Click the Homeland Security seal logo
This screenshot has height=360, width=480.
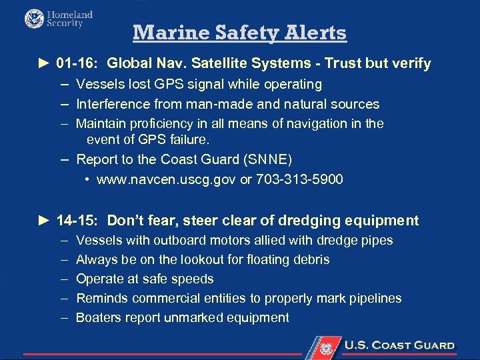pos(34,19)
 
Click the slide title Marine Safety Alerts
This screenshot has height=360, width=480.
pos(239,33)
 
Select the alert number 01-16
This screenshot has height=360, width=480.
pos(77,64)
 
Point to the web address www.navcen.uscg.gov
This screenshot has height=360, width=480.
pos(167,180)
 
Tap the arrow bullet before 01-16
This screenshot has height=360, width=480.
pos(44,64)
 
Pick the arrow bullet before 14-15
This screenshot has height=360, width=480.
pos(44,221)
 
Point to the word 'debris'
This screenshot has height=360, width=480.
pos(309,259)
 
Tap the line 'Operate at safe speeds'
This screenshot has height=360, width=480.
pos(145,279)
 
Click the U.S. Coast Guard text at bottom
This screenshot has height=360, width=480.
pos(399,346)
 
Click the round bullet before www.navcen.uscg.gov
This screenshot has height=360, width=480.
pos(88,180)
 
